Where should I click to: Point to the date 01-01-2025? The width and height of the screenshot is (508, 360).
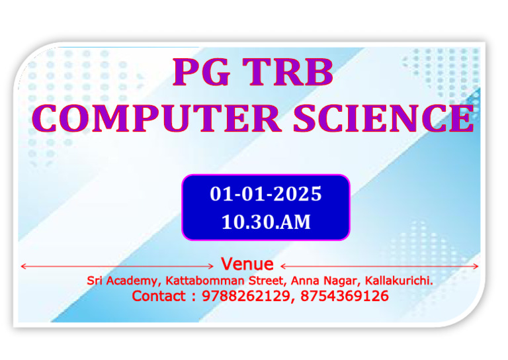(x=266, y=195)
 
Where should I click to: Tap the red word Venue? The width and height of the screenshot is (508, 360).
(x=247, y=265)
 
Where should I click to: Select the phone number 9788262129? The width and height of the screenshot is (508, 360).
(x=244, y=296)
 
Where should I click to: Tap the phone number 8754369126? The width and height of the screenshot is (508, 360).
(x=345, y=296)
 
